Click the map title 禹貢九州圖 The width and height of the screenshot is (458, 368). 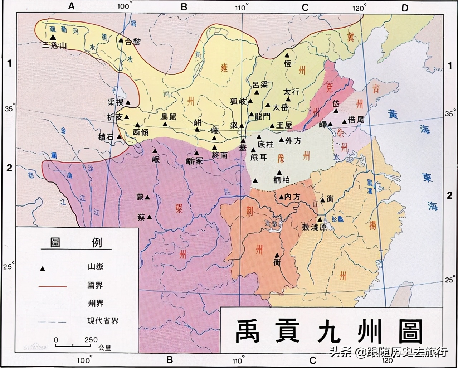[329, 331]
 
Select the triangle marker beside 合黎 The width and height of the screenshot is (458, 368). [121, 40]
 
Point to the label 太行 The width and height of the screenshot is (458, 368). [291, 92]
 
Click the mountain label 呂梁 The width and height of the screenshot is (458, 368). [260, 85]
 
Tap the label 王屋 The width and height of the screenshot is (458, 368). [284, 125]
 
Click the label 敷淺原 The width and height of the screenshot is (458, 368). [314, 227]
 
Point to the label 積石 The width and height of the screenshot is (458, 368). [106, 137]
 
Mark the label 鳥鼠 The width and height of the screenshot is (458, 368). [168, 116]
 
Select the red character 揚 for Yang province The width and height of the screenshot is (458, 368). [372, 225]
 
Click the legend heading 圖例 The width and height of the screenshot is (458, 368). [76, 243]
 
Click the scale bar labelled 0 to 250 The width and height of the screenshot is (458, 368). [73, 345]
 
